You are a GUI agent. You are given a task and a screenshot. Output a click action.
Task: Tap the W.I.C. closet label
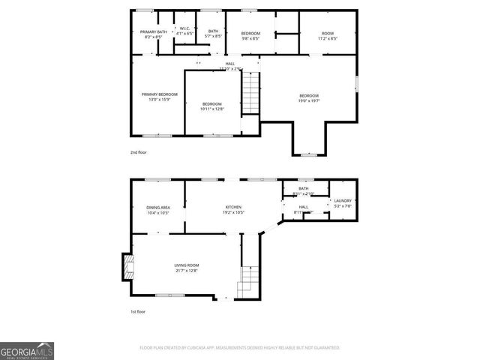click(x=185, y=31)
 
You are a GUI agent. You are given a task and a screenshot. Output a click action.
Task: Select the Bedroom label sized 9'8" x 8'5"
click(x=250, y=35)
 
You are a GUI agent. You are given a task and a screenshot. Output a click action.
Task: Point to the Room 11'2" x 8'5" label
click(x=327, y=35)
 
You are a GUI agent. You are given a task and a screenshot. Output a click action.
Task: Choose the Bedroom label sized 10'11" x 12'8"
click(x=211, y=106)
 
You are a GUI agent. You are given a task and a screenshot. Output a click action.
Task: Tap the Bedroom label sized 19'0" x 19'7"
click(x=309, y=98)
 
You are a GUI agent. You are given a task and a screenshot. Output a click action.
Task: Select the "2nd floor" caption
click(x=138, y=151)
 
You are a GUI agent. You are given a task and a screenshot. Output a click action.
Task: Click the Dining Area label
click(x=157, y=210)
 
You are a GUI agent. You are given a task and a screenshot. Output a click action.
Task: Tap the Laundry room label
click(x=343, y=202)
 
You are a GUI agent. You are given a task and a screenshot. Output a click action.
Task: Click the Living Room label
click(x=187, y=268)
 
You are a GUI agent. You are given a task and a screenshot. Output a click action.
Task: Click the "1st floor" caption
click(x=138, y=311)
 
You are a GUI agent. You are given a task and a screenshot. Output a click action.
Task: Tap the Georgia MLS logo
click(x=27, y=350)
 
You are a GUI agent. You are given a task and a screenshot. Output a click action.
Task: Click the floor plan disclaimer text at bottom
click(x=240, y=348)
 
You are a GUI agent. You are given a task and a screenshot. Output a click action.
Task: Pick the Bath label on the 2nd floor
click(x=214, y=34)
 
